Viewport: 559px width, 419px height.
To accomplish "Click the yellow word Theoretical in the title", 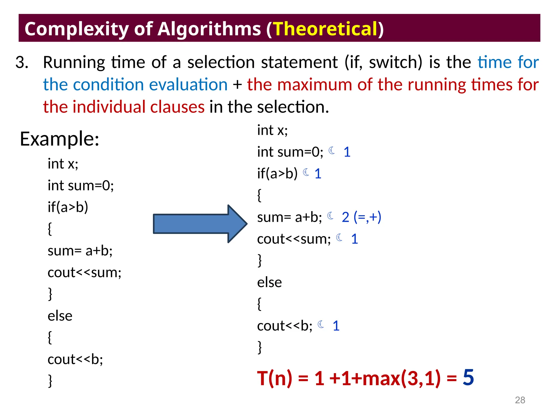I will coord(325,29).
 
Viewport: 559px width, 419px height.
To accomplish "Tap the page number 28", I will coord(520,400).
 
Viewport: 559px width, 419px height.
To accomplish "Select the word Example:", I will coord(60,139).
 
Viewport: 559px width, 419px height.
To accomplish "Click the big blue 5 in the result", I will coord(468,377).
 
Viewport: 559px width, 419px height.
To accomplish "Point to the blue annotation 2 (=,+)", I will coord(361,217).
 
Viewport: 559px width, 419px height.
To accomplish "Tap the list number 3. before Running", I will coord(22,62).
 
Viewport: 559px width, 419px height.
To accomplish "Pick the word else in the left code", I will coord(60,316).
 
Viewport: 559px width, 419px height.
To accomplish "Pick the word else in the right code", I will coord(269,282).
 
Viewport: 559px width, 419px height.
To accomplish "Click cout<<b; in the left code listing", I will coord(75,359).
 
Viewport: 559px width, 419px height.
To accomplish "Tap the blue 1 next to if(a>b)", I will coord(318,174).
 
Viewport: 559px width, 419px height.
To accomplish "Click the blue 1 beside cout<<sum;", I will coord(354,239).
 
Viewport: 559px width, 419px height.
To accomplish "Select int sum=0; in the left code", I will coord(81,185).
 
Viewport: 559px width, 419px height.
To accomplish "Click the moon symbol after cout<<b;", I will coord(321,324).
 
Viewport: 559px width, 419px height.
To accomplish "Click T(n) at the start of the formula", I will coord(274,378).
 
